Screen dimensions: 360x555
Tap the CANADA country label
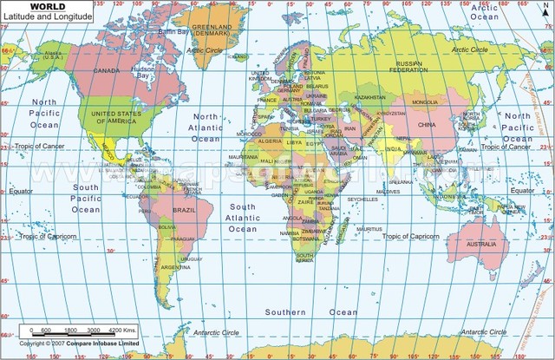tap(106, 70)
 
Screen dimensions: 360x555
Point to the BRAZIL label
tap(183, 211)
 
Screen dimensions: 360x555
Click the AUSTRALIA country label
tap(481, 245)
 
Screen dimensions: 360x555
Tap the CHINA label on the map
tap(426, 125)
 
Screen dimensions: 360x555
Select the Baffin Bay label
tap(173, 31)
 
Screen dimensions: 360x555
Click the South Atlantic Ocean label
tap(243, 218)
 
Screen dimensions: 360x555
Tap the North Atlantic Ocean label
tap(206, 127)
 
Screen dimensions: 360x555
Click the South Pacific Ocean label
tap(86, 198)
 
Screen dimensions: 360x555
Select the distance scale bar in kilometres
tap(76, 331)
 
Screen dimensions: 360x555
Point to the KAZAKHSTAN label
tap(369, 97)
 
